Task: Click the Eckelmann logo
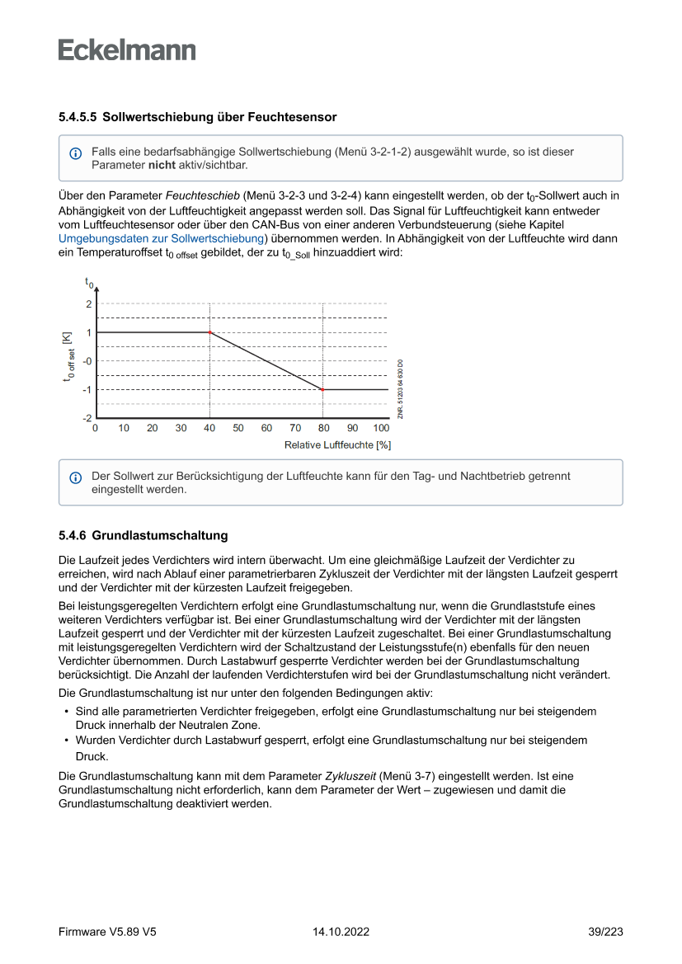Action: (127, 49)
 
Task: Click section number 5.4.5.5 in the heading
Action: (78, 117)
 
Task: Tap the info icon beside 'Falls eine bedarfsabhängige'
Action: (76, 153)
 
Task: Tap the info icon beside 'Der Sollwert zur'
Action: (76, 477)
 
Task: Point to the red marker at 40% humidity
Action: (209, 332)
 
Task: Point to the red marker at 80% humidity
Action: (323, 389)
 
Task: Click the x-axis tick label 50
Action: (238, 429)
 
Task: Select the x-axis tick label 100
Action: (381, 429)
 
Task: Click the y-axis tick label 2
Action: (88, 303)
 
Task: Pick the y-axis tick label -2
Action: (87, 418)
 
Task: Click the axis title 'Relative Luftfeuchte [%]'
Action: (337, 445)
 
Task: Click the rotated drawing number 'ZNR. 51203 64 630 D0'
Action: (400, 388)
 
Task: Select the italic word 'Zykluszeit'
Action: (351, 776)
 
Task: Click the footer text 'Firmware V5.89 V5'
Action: (107, 932)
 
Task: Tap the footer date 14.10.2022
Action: (341, 932)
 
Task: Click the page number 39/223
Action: (605, 932)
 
